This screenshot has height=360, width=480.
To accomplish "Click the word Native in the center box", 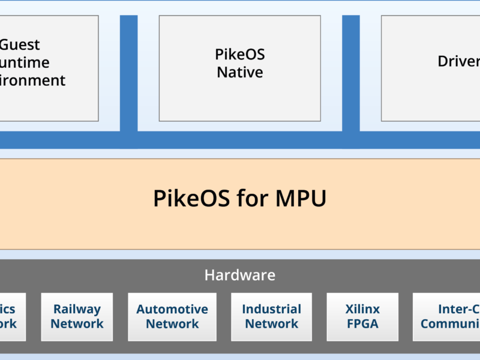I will [x=239, y=73].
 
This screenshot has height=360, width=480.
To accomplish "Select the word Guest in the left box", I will [x=20, y=45].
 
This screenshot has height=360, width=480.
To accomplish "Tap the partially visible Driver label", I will [x=458, y=61].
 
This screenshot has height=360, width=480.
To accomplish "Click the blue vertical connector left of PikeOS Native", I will [x=128, y=72].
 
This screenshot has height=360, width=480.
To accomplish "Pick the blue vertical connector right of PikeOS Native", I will [x=351, y=72].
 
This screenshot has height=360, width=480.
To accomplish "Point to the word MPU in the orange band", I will [x=301, y=199].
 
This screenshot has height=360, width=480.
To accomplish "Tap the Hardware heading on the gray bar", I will [x=239, y=275].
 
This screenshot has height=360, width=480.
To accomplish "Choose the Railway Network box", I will [x=77, y=317].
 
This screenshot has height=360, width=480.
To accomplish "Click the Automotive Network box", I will [x=172, y=317].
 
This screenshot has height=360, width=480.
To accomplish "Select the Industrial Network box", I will [x=271, y=317].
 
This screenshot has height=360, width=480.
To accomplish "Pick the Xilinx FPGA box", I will [x=362, y=317].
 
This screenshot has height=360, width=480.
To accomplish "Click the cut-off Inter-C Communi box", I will [x=447, y=317].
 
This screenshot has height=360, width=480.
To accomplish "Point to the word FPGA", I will [x=362, y=324].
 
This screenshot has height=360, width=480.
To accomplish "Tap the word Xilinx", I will [x=362, y=310].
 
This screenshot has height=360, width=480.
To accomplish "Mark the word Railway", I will [x=77, y=310].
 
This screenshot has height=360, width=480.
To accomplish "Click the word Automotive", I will [x=172, y=310].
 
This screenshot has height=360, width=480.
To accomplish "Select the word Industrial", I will [x=271, y=310].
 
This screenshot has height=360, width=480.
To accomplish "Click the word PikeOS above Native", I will [x=239, y=55].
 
